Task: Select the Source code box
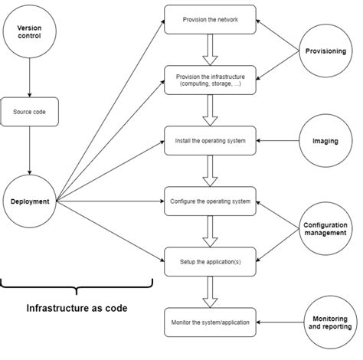pyautogui.click(x=29, y=111)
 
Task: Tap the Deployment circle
pyautogui.click(x=29, y=201)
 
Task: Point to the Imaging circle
pyautogui.click(x=325, y=141)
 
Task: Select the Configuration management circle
pyautogui.click(x=325, y=230)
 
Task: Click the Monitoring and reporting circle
pyautogui.click(x=325, y=322)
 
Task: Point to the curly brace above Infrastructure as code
pyautogui.click(x=77, y=288)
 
